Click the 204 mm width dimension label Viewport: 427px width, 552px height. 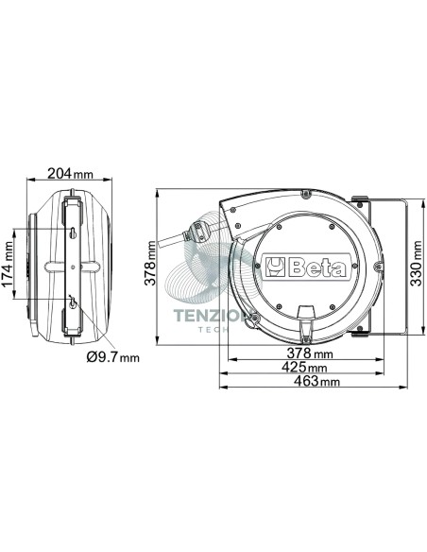tap(70, 173)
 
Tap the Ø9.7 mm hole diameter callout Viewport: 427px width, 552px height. tap(113, 357)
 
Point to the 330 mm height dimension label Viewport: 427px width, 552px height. tap(416, 264)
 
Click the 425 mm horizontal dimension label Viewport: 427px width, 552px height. tap(304, 367)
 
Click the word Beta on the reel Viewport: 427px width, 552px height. tap(316, 268)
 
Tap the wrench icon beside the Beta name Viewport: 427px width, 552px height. tap(276, 268)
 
